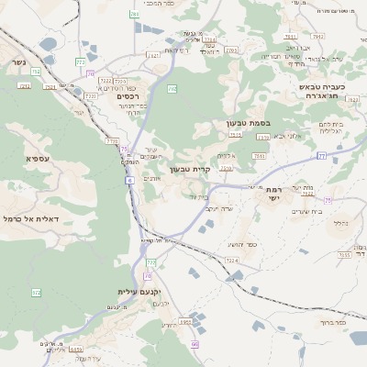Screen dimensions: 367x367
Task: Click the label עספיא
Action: click(39, 159)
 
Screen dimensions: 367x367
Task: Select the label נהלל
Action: click(339, 223)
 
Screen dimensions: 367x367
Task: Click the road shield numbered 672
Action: click(37, 293)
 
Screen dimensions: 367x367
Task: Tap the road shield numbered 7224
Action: click(231, 261)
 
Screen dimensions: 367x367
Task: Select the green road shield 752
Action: click(35, 71)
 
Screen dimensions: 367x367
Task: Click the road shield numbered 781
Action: click(135, 15)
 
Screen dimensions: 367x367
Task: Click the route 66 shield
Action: click(195, 344)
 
